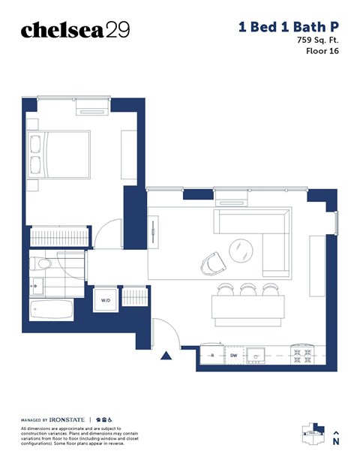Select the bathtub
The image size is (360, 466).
click(x=51, y=308)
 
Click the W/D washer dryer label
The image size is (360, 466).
click(x=106, y=300)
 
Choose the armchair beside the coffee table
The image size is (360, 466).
click(x=213, y=262)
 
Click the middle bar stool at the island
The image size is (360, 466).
click(x=247, y=289)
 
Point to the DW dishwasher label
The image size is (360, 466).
click(x=233, y=356)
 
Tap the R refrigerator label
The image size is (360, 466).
click(x=212, y=356)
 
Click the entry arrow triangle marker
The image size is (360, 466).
click(x=167, y=356)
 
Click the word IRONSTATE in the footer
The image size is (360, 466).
click(x=69, y=419)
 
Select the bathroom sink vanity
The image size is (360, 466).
click(x=37, y=284)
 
